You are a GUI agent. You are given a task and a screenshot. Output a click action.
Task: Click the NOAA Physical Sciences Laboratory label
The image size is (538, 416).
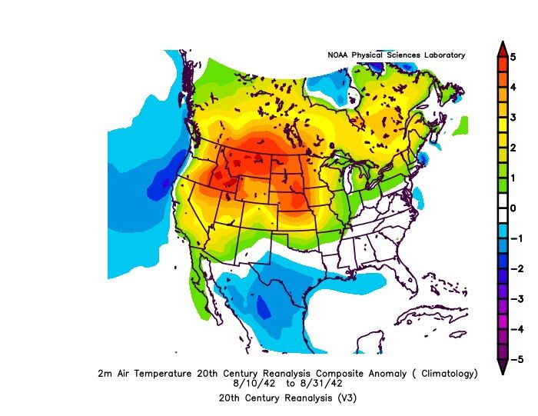[397, 55]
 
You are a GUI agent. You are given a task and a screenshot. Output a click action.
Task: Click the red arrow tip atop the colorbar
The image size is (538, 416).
[501, 48]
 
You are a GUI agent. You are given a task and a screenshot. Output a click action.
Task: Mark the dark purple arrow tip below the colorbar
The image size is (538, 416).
[501, 368]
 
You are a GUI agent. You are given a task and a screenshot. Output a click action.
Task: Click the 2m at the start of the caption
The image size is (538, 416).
[105, 374]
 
